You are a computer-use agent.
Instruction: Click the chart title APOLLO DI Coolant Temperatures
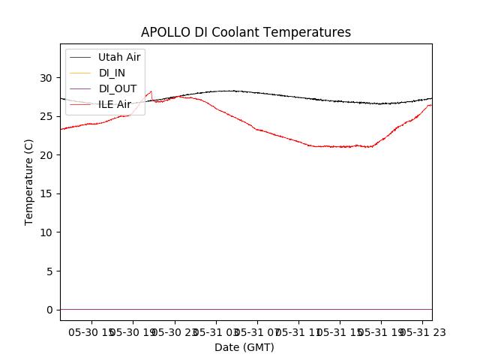click(246, 32)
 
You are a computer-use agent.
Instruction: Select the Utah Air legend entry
click(119, 57)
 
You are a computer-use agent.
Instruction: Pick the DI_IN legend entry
click(112, 73)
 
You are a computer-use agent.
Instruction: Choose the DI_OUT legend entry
click(118, 88)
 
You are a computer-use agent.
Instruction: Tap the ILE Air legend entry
click(115, 104)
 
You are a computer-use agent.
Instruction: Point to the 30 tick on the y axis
click(46, 77)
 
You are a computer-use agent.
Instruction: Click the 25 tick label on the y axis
click(46, 116)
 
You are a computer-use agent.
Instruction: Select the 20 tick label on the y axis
click(46, 155)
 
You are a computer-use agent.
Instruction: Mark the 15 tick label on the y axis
click(46, 193)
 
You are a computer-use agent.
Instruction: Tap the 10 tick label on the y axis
click(46, 232)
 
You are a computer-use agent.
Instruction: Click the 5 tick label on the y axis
click(49, 271)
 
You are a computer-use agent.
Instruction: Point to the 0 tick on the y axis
click(49, 310)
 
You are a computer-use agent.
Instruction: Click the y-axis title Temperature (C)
click(29, 181)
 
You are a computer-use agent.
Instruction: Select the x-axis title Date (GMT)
click(244, 347)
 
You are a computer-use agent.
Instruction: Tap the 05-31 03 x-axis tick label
click(216, 332)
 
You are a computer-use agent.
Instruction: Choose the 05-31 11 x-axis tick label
click(298, 332)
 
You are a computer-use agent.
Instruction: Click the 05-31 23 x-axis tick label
click(421, 332)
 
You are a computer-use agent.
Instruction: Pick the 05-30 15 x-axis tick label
click(93, 332)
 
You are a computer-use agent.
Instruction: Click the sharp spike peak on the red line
click(151, 91)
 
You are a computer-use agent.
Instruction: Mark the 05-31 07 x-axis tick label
click(257, 332)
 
